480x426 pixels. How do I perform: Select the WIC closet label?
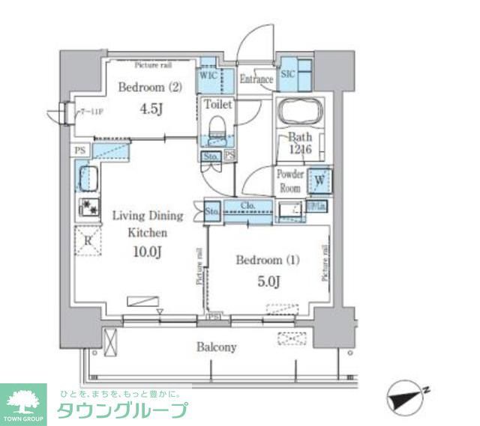208,76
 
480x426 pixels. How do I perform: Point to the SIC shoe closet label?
286,76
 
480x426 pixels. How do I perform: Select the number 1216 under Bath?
300,150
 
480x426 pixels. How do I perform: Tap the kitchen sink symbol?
87,179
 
